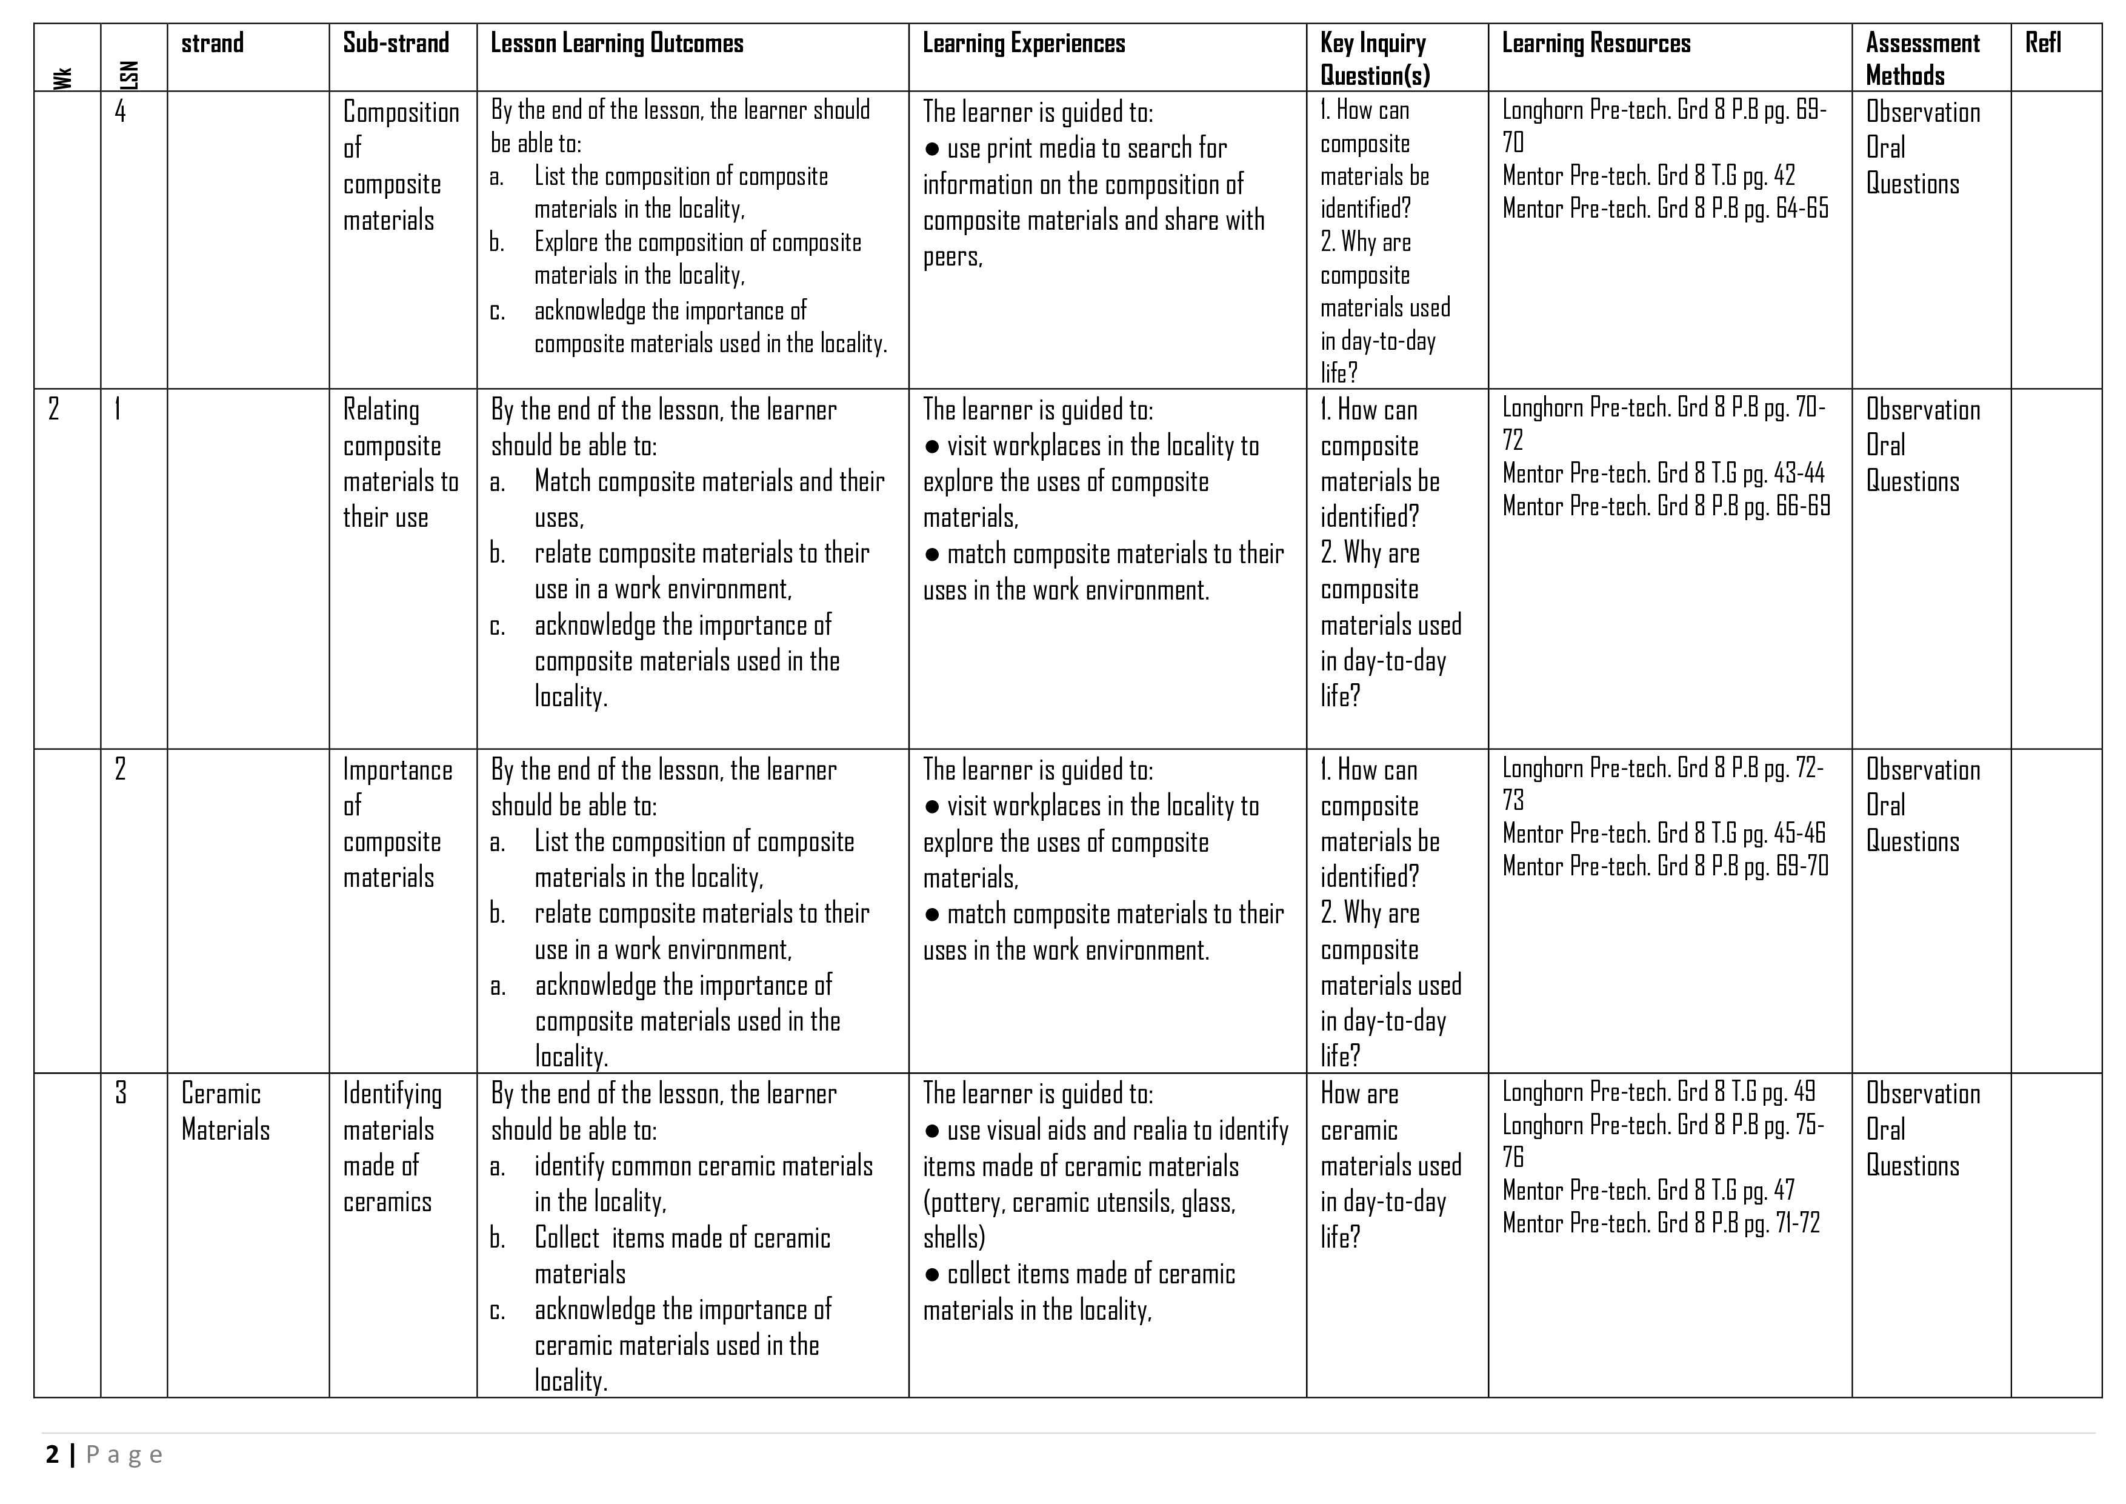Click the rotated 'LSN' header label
pos(130,74)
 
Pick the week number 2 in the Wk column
pos(54,409)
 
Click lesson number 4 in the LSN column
pos(121,112)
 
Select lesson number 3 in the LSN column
pos(121,1094)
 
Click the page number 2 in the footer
pos(52,1455)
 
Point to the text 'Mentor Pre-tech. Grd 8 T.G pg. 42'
pos(1648,176)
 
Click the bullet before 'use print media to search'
pos(933,149)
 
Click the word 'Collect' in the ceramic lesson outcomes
pos(567,1238)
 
